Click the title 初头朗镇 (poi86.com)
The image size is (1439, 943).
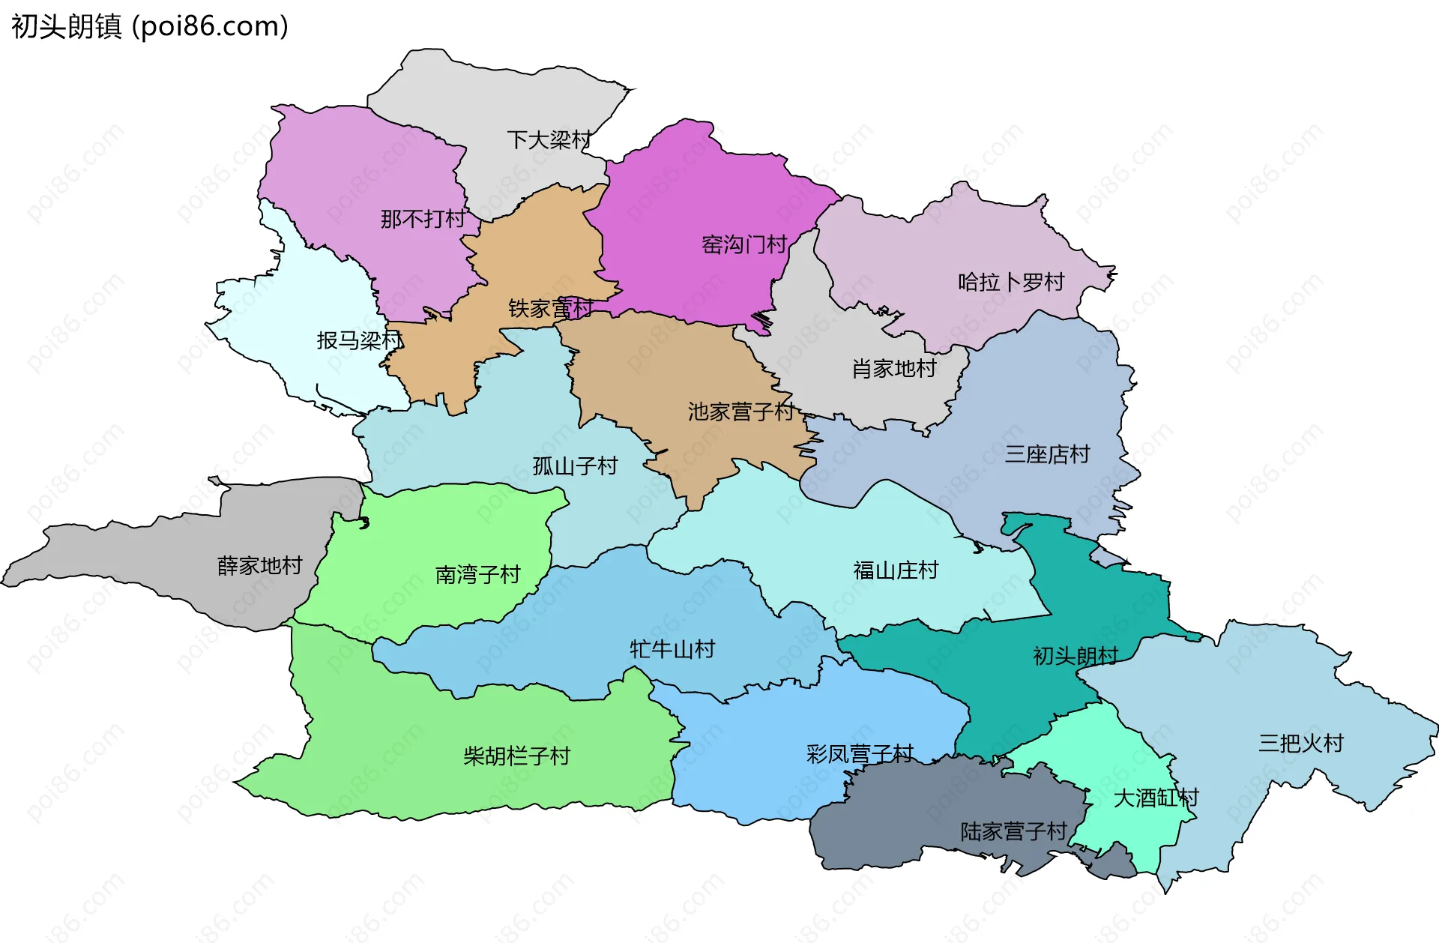(x=150, y=27)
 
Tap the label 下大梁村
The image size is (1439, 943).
(x=549, y=139)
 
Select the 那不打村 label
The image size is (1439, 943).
(x=423, y=219)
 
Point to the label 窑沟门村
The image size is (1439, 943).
(x=744, y=244)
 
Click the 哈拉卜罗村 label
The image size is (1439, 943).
(x=1011, y=283)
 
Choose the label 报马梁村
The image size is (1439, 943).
(x=360, y=340)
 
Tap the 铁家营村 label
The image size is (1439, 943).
(x=551, y=308)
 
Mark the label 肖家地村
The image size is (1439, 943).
(x=894, y=368)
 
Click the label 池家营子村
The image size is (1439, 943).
(x=741, y=412)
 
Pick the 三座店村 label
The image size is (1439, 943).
(x=1047, y=454)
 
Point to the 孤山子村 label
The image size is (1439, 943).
(x=575, y=466)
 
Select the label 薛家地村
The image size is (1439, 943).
(x=260, y=565)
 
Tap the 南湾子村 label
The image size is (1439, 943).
(x=478, y=575)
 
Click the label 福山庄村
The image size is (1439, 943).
(x=896, y=570)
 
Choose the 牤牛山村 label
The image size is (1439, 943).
(x=672, y=649)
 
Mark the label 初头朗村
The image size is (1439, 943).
(x=1076, y=656)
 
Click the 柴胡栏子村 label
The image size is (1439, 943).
(x=516, y=756)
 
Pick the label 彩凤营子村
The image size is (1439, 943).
(x=860, y=753)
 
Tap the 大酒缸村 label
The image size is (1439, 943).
(x=1156, y=798)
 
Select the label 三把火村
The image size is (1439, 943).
(x=1301, y=743)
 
